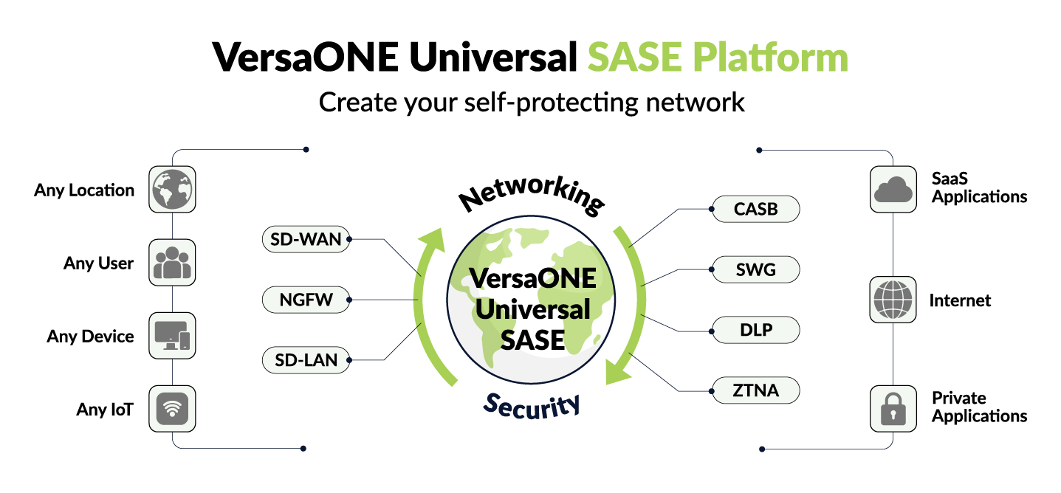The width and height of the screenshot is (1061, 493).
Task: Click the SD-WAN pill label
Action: pos(306,239)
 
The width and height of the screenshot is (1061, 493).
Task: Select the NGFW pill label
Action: pos(306,300)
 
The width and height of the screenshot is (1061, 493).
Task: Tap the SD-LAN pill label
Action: pos(306,360)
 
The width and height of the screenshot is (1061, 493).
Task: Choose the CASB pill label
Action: pos(755,209)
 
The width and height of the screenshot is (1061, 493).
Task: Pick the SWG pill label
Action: pos(755,269)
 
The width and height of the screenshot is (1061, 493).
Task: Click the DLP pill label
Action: pos(755,330)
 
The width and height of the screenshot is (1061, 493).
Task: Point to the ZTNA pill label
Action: pos(755,390)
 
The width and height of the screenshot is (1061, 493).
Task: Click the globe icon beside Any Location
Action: pos(172,189)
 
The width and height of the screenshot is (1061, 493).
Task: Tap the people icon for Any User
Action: pos(172,262)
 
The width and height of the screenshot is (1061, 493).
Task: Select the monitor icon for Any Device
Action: pos(172,336)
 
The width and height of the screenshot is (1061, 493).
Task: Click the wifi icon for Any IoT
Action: pos(172,408)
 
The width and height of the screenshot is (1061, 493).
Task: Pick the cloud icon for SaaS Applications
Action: pos(893,189)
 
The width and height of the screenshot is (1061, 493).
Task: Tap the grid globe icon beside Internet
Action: pos(893,300)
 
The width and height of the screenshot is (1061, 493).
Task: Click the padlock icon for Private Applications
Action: pos(893,408)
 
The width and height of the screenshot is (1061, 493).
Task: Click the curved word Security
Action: pos(532,404)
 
